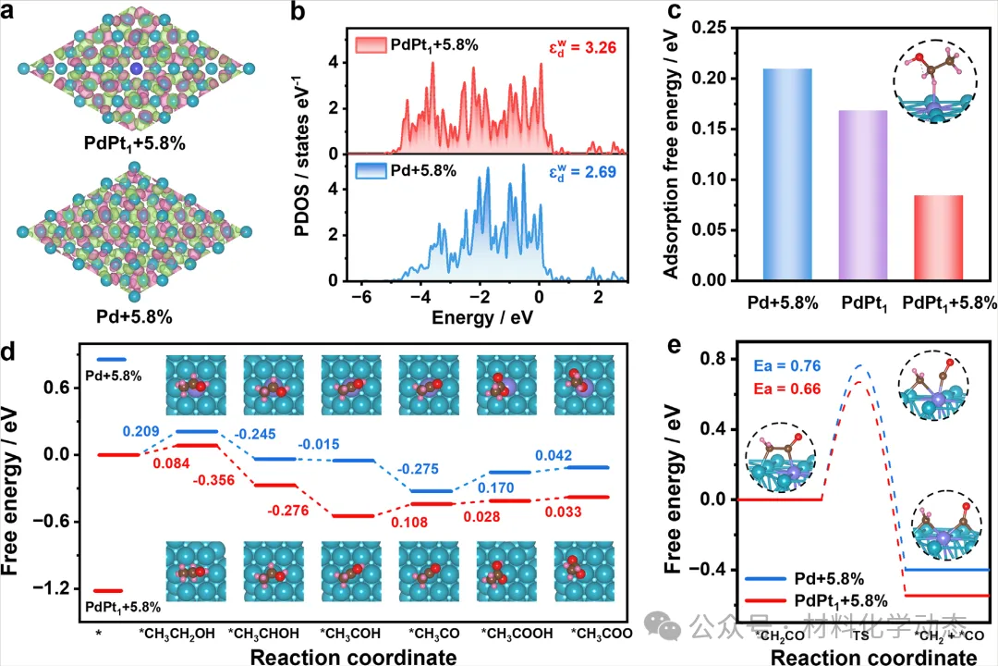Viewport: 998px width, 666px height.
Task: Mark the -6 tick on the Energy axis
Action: click(x=365, y=297)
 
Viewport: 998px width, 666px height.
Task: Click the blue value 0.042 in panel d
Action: click(x=553, y=455)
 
